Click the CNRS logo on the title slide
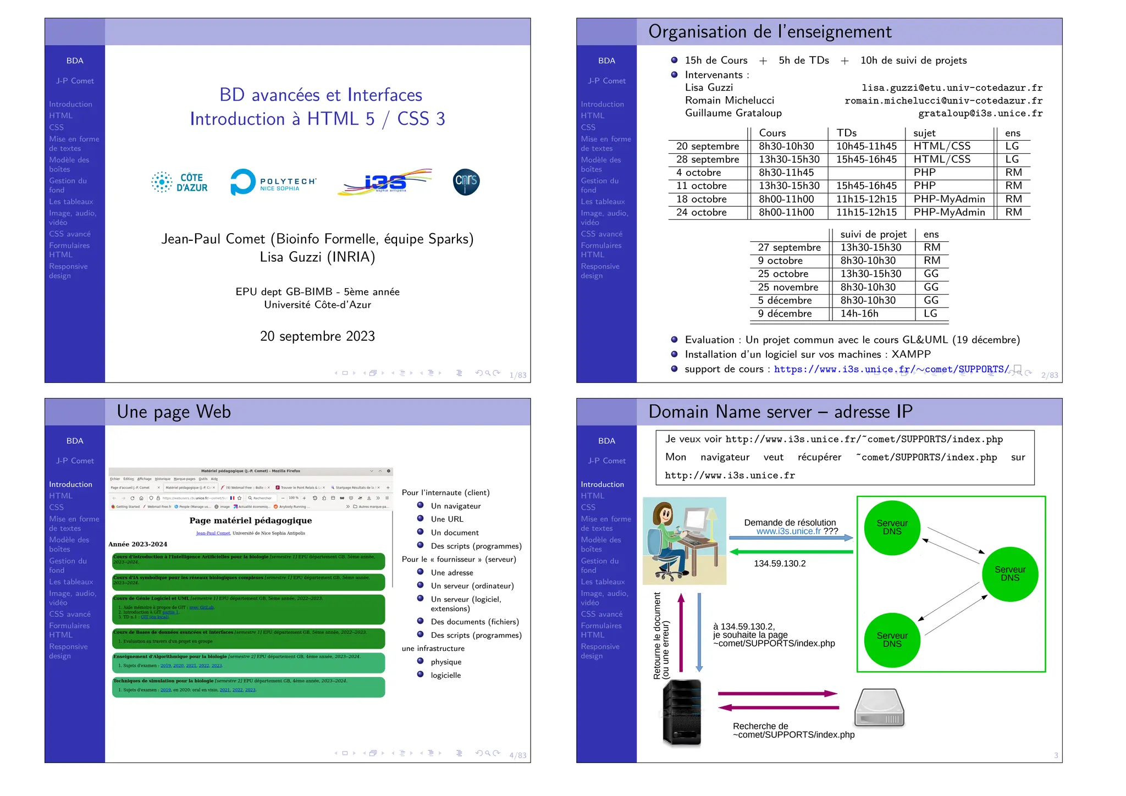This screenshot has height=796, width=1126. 466,182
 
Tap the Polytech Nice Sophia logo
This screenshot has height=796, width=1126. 273,182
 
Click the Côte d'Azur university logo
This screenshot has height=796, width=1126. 180,182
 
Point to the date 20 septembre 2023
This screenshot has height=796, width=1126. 317,336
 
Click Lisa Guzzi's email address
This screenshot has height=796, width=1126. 952,88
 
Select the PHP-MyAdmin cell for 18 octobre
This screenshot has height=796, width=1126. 949,199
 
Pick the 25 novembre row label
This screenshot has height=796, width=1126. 788,287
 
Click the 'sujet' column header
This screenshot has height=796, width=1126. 924,133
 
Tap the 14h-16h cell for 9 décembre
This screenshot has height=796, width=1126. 859,313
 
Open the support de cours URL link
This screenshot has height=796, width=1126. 891,369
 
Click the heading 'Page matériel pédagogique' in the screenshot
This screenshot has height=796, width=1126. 251,521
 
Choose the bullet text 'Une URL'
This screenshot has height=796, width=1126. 447,519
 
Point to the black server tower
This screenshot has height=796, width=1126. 682,712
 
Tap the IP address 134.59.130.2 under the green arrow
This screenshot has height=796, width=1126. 780,563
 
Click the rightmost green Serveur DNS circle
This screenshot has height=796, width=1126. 1009,574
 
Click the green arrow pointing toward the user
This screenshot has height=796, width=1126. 791,551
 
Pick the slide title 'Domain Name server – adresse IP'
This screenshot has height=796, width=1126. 780,412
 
